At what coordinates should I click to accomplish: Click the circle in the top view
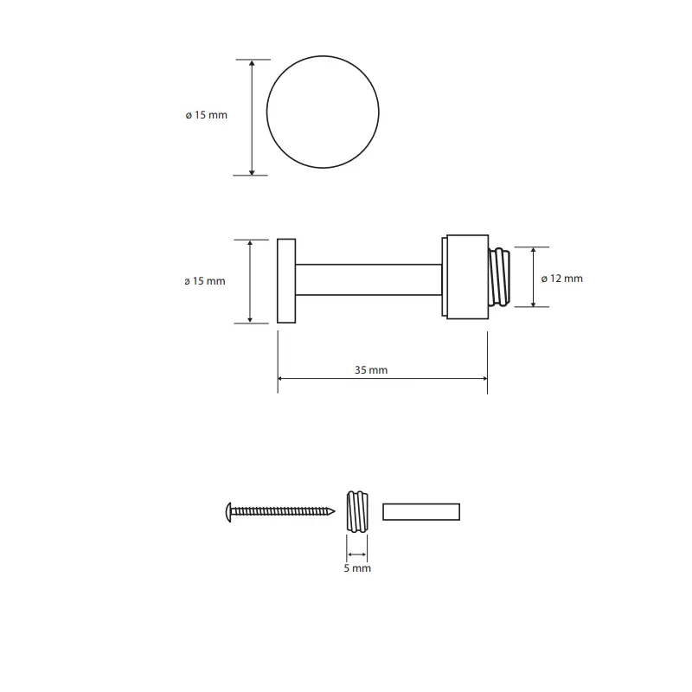click(266, 112)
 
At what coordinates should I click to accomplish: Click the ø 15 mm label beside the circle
click(206, 115)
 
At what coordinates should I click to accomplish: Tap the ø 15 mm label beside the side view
click(205, 281)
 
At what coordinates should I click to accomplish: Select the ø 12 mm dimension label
click(561, 279)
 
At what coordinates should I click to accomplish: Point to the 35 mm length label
click(371, 370)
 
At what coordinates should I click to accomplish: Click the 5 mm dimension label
click(357, 568)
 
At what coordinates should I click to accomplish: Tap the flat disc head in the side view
click(286, 281)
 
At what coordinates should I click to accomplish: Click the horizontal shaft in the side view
click(368, 279)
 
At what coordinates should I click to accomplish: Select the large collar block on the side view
click(467, 277)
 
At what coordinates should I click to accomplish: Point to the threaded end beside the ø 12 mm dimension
click(499, 278)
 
